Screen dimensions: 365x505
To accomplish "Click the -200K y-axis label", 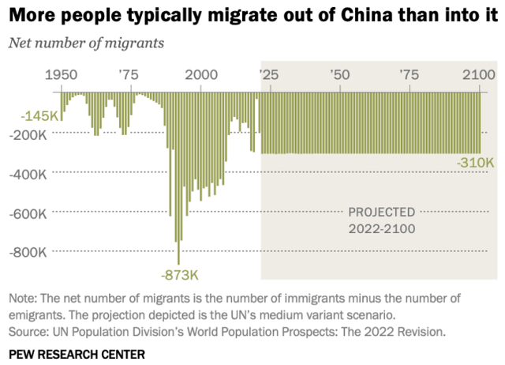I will click(30, 135).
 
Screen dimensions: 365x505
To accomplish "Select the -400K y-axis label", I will click(30, 174).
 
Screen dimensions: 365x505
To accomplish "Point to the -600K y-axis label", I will click(30, 213).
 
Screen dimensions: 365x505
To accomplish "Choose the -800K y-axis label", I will click(30, 252).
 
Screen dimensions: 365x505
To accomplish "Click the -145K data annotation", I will click(40, 116).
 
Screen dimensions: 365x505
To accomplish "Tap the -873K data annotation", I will click(179, 276).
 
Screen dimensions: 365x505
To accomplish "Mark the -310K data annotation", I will click(475, 163).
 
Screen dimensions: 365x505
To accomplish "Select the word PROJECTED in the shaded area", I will click(382, 213).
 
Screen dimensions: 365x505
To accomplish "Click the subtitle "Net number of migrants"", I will click(86, 43).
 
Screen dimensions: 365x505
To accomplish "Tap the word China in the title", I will click(334, 16).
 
